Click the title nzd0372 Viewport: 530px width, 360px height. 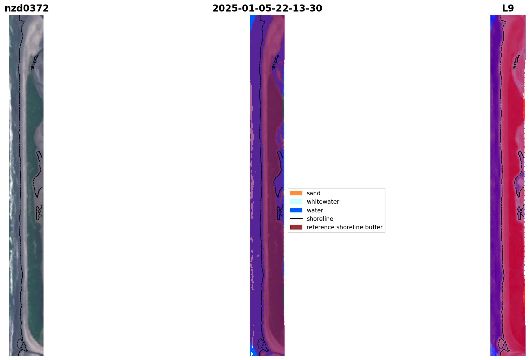click(27, 8)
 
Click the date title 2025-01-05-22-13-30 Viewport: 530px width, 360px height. click(267, 8)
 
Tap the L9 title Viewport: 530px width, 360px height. click(508, 8)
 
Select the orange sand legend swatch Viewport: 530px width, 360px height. click(296, 193)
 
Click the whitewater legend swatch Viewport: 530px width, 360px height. click(296, 201)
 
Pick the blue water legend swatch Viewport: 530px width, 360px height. click(296, 210)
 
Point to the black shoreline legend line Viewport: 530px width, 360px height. click(296, 219)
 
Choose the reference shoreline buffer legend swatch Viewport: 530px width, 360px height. click(296, 227)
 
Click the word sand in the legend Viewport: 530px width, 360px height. click(314, 193)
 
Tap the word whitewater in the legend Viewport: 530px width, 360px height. click(323, 202)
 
